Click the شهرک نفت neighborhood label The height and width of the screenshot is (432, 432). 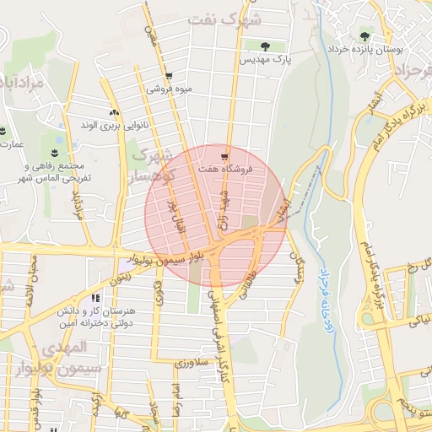(x=227, y=19)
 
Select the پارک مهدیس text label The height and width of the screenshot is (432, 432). (x=266, y=62)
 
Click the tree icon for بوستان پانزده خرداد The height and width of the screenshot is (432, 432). (x=364, y=36)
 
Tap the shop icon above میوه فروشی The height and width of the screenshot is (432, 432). (x=169, y=74)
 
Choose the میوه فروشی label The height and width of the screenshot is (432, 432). (x=170, y=88)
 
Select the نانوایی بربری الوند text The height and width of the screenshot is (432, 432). (x=114, y=127)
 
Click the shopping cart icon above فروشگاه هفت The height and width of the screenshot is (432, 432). (x=224, y=156)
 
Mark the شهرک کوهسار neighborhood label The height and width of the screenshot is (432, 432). (x=153, y=165)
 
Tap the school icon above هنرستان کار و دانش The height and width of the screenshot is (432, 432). (x=95, y=298)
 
